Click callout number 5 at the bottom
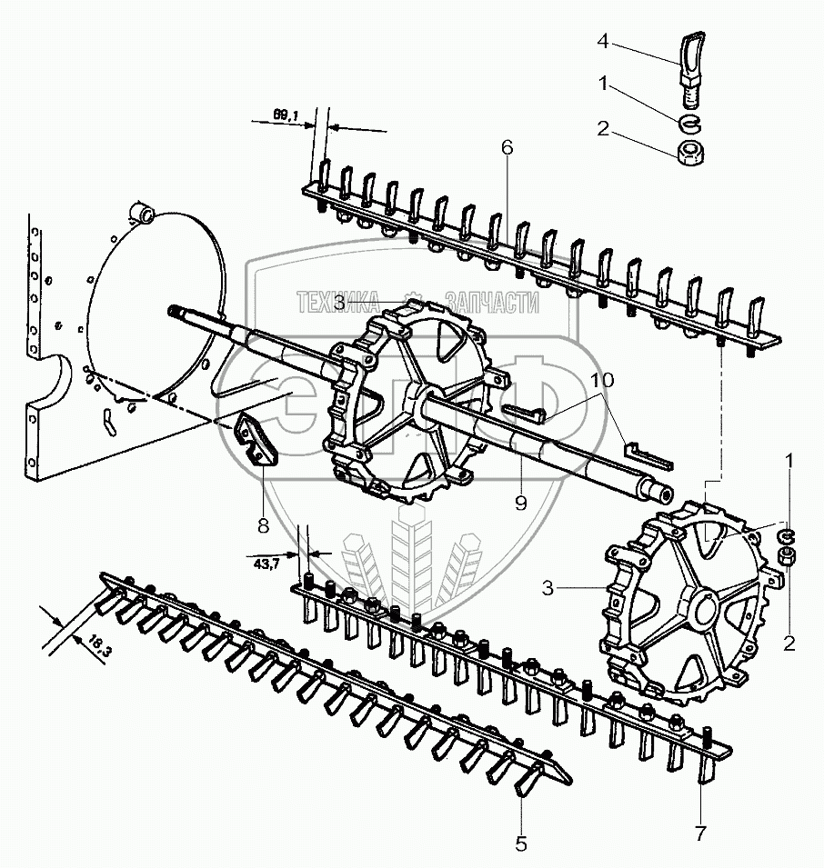521,843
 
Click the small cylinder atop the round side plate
142,214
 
